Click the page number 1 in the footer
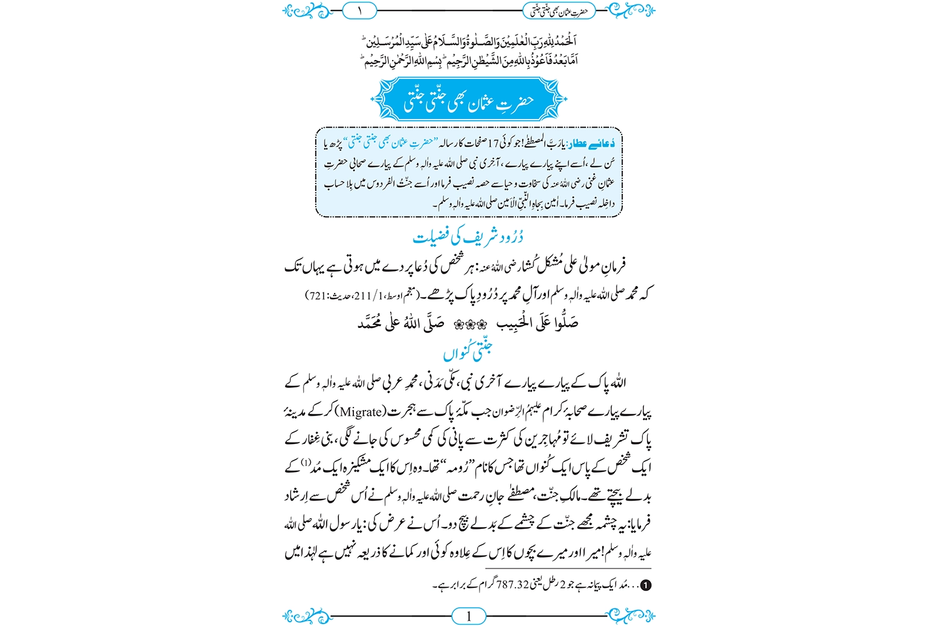(x=468, y=617)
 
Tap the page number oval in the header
(x=360, y=11)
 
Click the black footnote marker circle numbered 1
(x=646, y=585)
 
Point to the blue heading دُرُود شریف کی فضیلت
(x=468, y=237)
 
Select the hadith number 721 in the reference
(x=318, y=294)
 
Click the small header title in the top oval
(x=559, y=11)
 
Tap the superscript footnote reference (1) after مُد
(x=305, y=463)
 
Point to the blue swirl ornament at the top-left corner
(x=305, y=11)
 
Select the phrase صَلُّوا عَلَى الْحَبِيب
(x=538, y=323)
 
